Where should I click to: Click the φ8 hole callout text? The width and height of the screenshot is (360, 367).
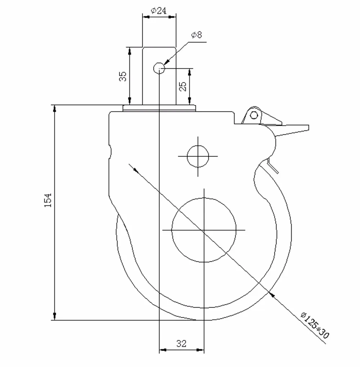coord(197,35)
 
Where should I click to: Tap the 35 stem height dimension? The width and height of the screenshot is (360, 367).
coord(123,76)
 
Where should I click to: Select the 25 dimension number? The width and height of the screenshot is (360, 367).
coord(183,86)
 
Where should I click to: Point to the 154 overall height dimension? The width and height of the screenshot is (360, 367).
coord(48,200)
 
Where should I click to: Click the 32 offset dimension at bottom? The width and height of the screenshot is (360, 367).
coord(182,344)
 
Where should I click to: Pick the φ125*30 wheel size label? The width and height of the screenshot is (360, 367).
coord(315,326)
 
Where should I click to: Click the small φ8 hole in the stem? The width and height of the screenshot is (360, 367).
coord(159,67)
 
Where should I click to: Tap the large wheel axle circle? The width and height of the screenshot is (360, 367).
coord(204,230)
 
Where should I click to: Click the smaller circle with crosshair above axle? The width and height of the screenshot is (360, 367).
coord(198,156)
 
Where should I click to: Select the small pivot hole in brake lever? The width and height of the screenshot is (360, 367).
coord(254,115)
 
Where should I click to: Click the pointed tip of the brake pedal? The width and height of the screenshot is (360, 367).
coord(308,126)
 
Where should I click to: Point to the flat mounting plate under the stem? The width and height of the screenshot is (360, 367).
coord(159,108)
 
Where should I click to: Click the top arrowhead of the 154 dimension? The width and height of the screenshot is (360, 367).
coord(54,108)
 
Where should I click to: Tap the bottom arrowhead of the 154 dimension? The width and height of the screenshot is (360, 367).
coord(54,317)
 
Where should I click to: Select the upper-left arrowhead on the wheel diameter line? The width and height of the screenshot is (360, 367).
coord(134,169)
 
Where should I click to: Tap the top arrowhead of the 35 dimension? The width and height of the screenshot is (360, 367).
coord(129,50)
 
